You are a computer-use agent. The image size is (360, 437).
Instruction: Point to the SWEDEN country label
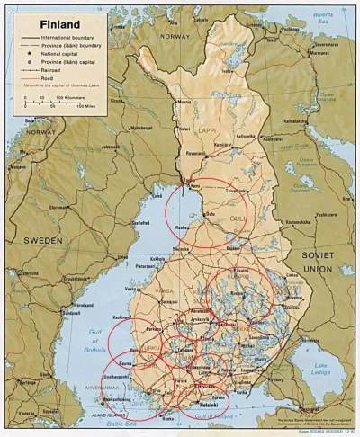pyautogui.click(x=42, y=241)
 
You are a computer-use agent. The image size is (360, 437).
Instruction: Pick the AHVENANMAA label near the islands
pyautogui.click(x=81, y=389)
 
